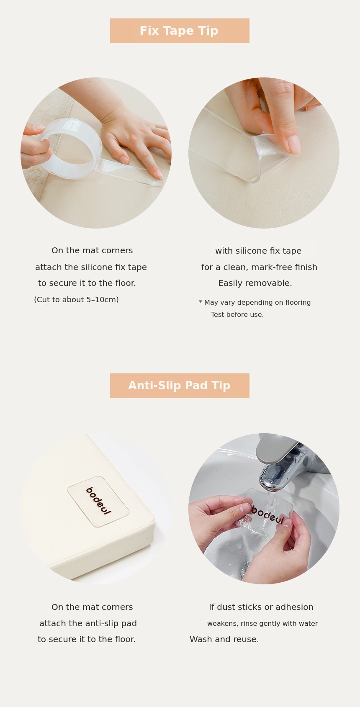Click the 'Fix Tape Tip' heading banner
click(x=180, y=31)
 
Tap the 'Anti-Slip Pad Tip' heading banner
click(x=180, y=386)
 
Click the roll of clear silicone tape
click(x=68, y=148)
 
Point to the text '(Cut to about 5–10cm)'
click(x=76, y=300)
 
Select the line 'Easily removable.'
click(x=255, y=283)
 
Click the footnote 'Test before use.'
click(x=237, y=314)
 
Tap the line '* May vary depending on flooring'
click(x=255, y=302)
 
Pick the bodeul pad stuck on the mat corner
click(x=98, y=501)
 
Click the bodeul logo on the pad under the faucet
click(x=267, y=514)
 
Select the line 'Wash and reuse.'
click(x=224, y=639)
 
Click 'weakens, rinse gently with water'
click(x=262, y=623)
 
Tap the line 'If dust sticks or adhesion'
click(x=261, y=607)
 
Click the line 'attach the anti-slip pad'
click(x=88, y=623)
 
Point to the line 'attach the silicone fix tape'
click(x=91, y=267)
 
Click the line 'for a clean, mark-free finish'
click(x=260, y=267)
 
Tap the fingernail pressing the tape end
click(x=294, y=145)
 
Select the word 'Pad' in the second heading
click(x=197, y=386)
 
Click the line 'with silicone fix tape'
click(x=258, y=251)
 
